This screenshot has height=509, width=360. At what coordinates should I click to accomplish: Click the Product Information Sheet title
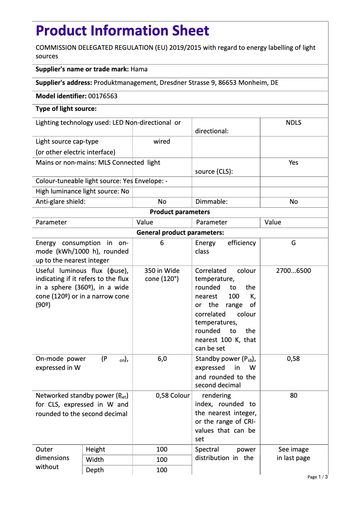tap(122, 31)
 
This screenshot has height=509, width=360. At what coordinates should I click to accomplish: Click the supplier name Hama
tap(139, 69)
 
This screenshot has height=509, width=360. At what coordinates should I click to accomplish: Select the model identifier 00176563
tap(103, 96)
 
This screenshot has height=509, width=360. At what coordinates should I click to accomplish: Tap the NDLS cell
tap(293, 123)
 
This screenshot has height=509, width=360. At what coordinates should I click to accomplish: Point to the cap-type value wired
tap(162, 141)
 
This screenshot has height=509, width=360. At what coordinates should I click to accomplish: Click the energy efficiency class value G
tap(293, 243)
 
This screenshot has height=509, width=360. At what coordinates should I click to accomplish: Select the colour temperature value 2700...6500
tap(293, 271)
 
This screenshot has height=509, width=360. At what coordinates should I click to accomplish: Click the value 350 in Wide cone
tap(162, 275)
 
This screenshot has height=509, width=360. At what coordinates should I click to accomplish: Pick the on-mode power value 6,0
tap(162, 359)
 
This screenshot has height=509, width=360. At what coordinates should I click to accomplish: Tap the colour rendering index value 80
tap(293, 395)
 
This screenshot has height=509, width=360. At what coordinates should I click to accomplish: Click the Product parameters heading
tap(180, 212)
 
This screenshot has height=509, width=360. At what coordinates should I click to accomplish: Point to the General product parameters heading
tap(180, 233)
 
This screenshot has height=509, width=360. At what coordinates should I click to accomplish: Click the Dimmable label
tap(211, 202)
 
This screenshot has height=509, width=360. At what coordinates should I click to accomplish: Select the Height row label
tap(96, 449)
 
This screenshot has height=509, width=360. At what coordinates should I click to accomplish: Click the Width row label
tap(95, 460)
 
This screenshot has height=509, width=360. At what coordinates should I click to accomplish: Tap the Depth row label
tap(95, 470)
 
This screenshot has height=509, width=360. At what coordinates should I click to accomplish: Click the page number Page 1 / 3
tap(317, 477)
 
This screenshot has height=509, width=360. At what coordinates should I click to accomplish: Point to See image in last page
tap(293, 454)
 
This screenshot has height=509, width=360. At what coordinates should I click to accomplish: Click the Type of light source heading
tap(66, 109)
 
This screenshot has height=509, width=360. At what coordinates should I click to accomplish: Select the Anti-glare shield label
tap(61, 202)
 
